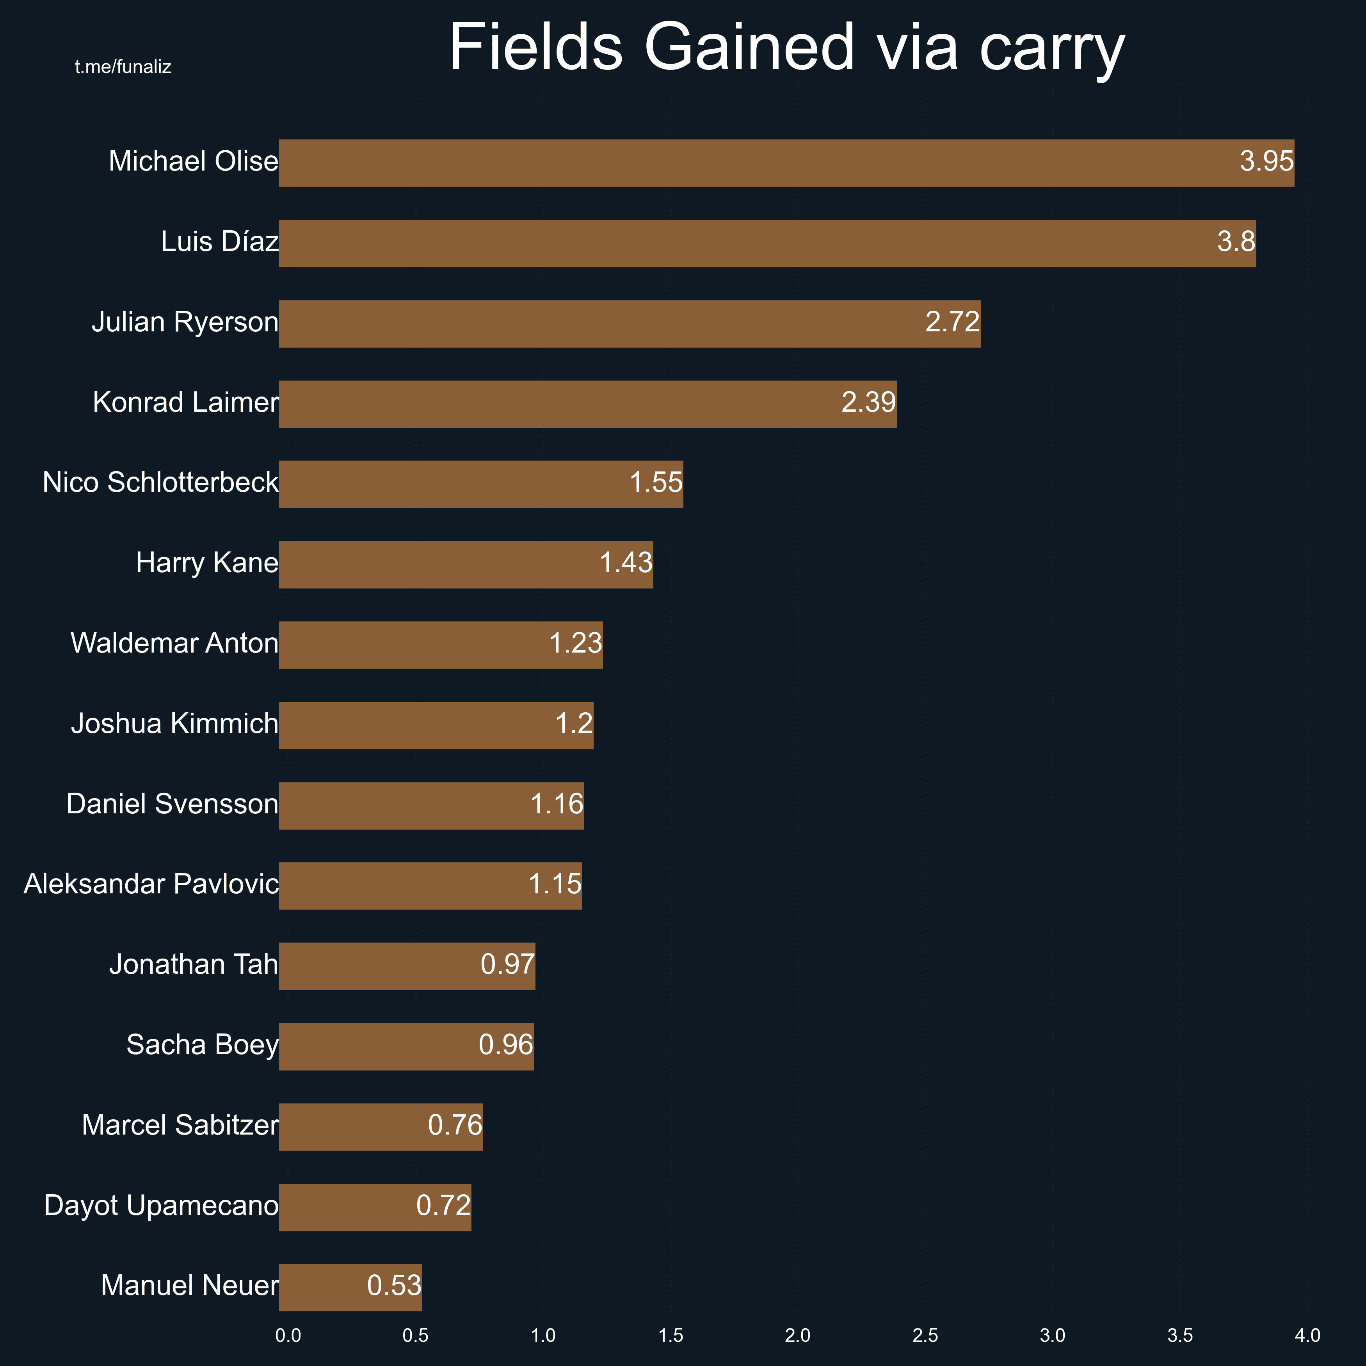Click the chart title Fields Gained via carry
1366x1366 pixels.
tap(786, 48)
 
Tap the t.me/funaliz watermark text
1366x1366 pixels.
tap(123, 67)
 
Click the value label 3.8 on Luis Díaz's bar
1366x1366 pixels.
tap(1236, 242)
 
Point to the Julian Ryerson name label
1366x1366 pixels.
tap(185, 322)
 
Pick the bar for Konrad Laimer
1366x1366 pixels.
tap(587, 404)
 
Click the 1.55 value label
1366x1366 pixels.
tap(656, 483)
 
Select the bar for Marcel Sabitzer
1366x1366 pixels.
tap(381, 1127)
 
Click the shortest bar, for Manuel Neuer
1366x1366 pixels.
tap(350, 1288)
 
